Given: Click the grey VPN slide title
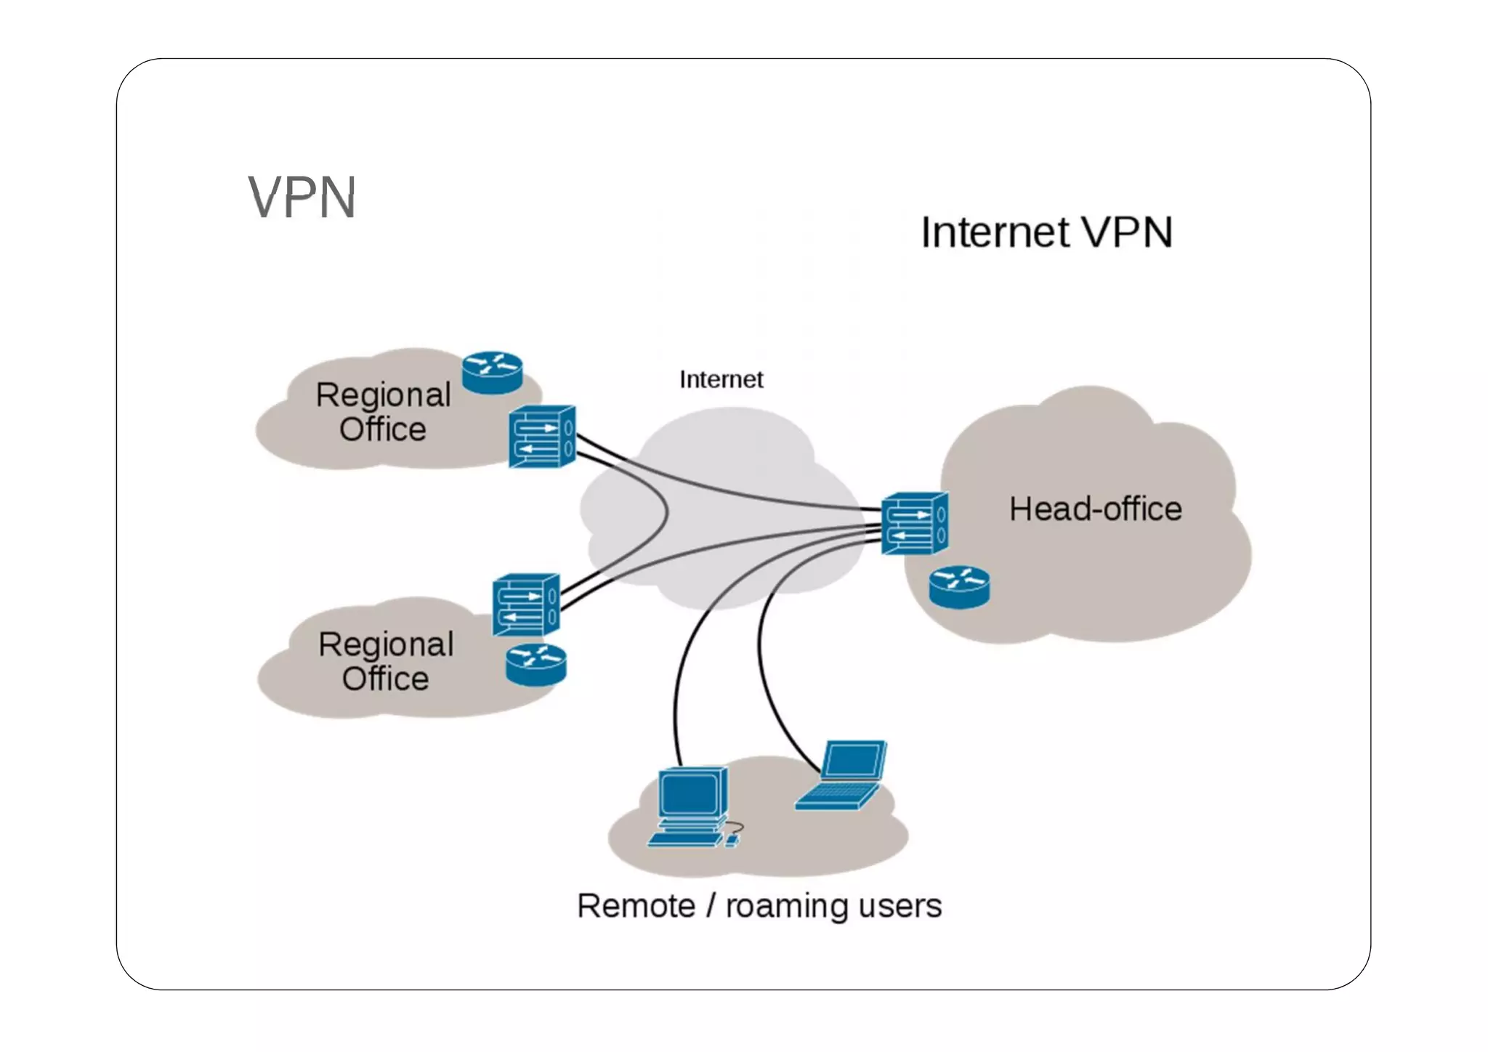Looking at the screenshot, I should coord(302,197).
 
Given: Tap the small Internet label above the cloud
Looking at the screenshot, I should coord(721,379).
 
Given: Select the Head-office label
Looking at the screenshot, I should coord(1095,509).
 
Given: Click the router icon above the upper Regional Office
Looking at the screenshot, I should coord(492,373).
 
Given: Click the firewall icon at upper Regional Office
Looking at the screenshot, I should coord(542,436).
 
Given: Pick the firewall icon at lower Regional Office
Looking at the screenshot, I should coord(525,604).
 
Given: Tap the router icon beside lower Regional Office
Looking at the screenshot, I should coord(535,664).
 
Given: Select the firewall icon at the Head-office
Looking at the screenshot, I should coord(915,523).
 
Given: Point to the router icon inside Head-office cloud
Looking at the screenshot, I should coord(959,587).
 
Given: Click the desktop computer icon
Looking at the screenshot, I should coord(690,806).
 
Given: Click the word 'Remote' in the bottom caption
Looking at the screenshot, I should coord(636,906).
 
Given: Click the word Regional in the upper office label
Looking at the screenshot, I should coord(383,395).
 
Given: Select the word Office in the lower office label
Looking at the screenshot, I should coord(385,679).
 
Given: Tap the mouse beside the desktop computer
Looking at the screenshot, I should coord(732,841).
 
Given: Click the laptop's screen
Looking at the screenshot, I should coord(854,761).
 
